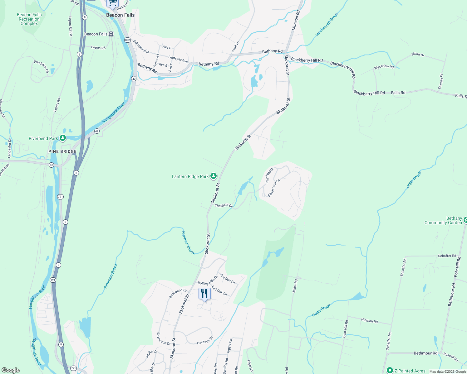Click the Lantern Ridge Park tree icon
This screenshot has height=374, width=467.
[x=214, y=176]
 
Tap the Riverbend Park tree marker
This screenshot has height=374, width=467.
[x=63, y=138]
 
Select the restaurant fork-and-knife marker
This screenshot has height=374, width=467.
[x=204, y=294]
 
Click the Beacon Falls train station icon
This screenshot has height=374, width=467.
[x=111, y=34]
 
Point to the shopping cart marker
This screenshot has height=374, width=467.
[x=113, y=3]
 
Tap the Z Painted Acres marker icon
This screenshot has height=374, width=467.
[x=390, y=371]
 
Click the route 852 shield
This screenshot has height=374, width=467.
[x=127, y=40]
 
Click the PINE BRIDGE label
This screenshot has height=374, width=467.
[x=62, y=151]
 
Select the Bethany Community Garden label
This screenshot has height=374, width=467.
[x=443, y=220]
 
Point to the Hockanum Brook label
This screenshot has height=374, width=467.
[x=327, y=24]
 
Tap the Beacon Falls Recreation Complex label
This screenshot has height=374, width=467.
[x=29, y=19]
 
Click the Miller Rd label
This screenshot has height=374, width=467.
[x=295, y=286]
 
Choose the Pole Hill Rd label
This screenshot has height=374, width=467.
[x=457, y=267]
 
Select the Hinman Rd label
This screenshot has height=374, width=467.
[x=369, y=321]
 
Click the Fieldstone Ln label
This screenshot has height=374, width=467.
[x=274, y=187]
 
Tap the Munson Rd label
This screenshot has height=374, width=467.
[x=296, y=20]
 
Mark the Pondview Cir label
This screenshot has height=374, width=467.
[x=41, y=66]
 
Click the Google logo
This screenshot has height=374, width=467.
[x=10, y=370]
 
